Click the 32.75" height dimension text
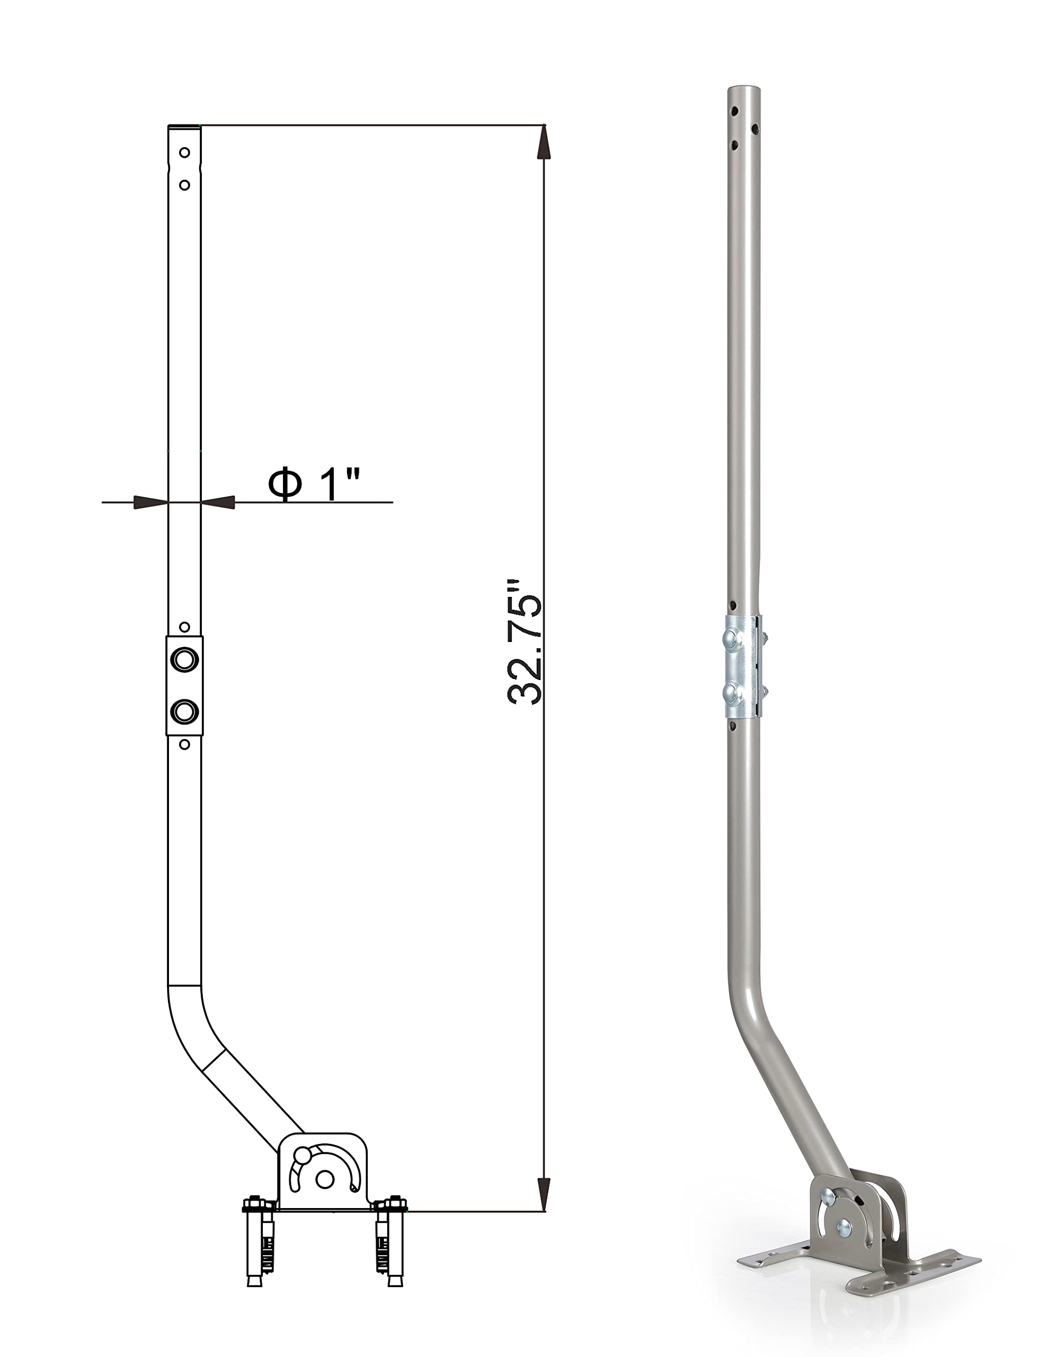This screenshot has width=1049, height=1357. coord(525,642)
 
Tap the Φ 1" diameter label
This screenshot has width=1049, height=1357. coord(314,484)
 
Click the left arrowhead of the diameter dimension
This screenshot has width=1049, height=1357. coord(151,502)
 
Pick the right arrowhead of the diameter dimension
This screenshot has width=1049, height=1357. coord(217,502)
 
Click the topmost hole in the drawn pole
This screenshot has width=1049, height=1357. coord(184,152)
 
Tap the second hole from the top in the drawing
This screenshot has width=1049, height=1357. coord(184,185)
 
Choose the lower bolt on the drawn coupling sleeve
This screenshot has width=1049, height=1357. coord(184,711)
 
